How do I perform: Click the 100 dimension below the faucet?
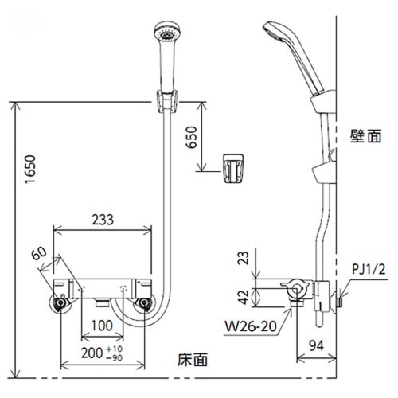pyautogui.click(x=99, y=326)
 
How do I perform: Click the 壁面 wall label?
pyautogui.click(x=362, y=137)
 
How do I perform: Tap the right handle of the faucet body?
pyautogui.click(x=143, y=302)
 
